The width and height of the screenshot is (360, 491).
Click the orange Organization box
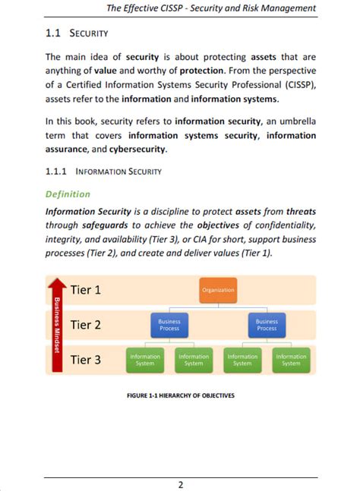click(218, 290)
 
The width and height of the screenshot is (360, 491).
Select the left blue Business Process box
click(169, 325)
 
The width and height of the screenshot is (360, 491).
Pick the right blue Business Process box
click(267, 325)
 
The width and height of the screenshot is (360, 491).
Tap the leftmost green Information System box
click(145, 360)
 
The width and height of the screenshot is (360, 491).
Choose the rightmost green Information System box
click(291, 360)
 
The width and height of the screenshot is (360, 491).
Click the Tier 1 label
click(86, 290)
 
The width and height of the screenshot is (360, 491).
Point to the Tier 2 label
click(86, 325)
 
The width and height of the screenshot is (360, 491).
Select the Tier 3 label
click(86, 360)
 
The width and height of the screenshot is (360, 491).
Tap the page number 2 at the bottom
click(181, 485)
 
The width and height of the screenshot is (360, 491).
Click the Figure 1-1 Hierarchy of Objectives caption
click(181, 395)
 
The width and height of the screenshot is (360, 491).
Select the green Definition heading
click(68, 194)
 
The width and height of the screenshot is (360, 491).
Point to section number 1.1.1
click(57, 172)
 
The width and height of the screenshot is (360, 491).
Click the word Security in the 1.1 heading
click(89, 34)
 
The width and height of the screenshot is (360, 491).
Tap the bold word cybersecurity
click(138, 149)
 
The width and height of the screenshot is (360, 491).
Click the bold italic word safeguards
click(105, 225)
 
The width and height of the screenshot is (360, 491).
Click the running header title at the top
click(211, 8)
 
